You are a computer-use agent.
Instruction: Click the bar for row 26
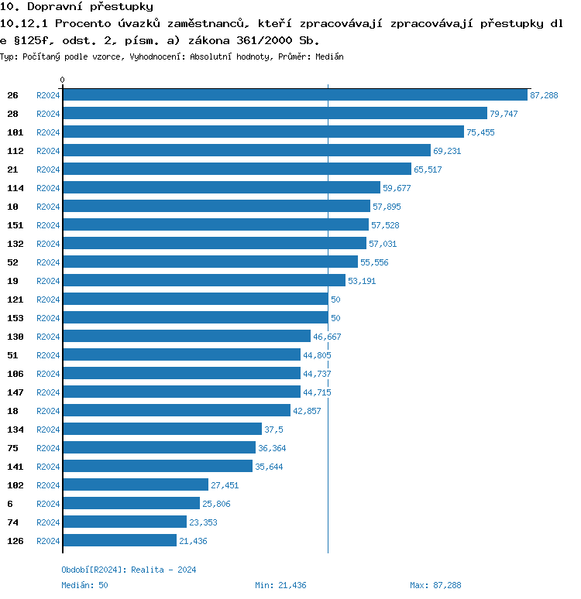pyautogui.click(x=295, y=95)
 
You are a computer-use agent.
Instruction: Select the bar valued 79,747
pyautogui.click(x=275, y=114)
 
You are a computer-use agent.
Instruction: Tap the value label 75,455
pyautogui.click(x=480, y=132)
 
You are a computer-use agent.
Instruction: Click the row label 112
pyautogui.click(x=15, y=151)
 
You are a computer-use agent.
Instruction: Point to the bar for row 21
pyautogui.click(x=237, y=169)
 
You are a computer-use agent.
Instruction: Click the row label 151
pyautogui.click(x=15, y=225)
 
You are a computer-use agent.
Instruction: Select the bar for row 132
pyautogui.click(x=215, y=244)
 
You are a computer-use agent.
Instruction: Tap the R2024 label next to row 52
pyautogui.click(x=48, y=262)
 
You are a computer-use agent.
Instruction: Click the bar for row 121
pyautogui.click(x=195, y=299)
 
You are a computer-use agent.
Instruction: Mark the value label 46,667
pyautogui.click(x=327, y=337)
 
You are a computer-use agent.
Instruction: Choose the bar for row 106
pyautogui.click(x=181, y=374)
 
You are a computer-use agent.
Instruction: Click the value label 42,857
pyautogui.click(x=307, y=411)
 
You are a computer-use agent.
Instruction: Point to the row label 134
pyautogui.click(x=15, y=430)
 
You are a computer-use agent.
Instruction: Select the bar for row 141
pyautogui.click(x=157, y=467)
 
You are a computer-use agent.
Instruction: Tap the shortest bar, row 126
pyautogui.click(x=120, y=541)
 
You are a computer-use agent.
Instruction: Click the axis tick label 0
pyautogui.click(x=63, y=80)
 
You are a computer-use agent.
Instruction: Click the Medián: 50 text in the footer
pyautogui.click(x=84, y=585)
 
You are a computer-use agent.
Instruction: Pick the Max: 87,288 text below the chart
pyautogui.click(x=435, y=585)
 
